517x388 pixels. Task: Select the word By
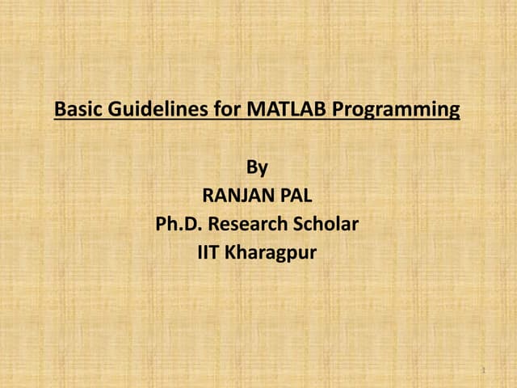[x=257, y=168]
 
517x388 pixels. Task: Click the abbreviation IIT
[x=208, y=252]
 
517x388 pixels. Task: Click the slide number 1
[x=482, y=370]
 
